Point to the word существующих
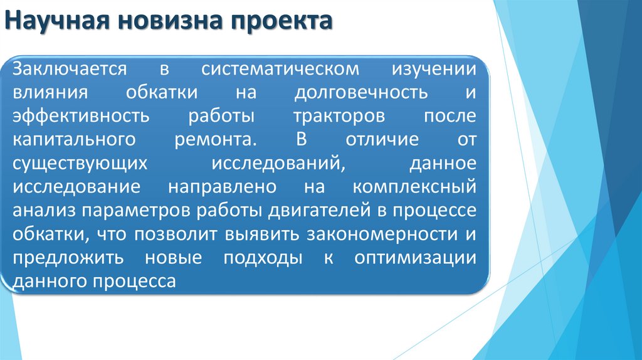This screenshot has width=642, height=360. click(x=80, y=164)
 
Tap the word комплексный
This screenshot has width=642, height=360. click(x=414, y=188)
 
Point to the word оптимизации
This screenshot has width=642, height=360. click(x=414, y=258)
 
